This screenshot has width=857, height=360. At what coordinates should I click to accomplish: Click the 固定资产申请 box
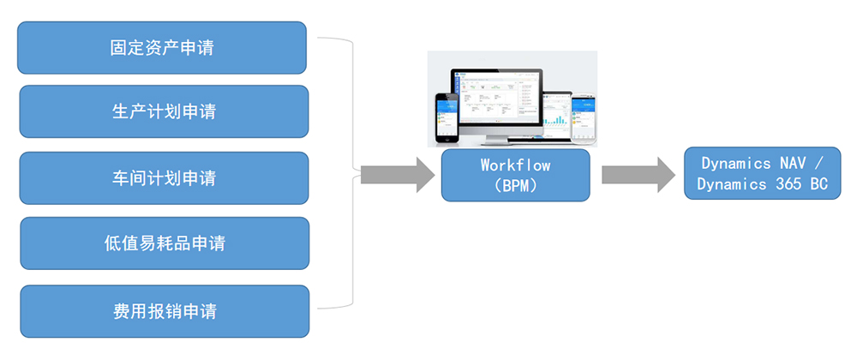[x=162, y=48]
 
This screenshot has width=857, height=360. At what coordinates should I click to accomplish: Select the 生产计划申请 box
[x=164, y=111]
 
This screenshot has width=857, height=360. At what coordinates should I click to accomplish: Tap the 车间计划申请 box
[x=164, y=178]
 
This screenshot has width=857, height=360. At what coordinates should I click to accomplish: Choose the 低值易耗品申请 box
[x=165, y=243]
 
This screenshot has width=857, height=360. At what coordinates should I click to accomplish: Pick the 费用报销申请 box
[x=165, y=310]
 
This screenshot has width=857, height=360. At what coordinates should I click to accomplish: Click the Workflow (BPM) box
[x=515, y=175]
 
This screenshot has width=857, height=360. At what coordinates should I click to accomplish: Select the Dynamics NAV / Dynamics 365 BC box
[x=762, y=173]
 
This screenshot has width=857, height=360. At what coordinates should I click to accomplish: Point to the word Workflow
[x=515, y=165]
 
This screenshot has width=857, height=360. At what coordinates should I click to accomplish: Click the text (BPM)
[x=515, y=185]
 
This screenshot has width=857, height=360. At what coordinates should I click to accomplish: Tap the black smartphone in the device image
[x=446, y=118]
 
